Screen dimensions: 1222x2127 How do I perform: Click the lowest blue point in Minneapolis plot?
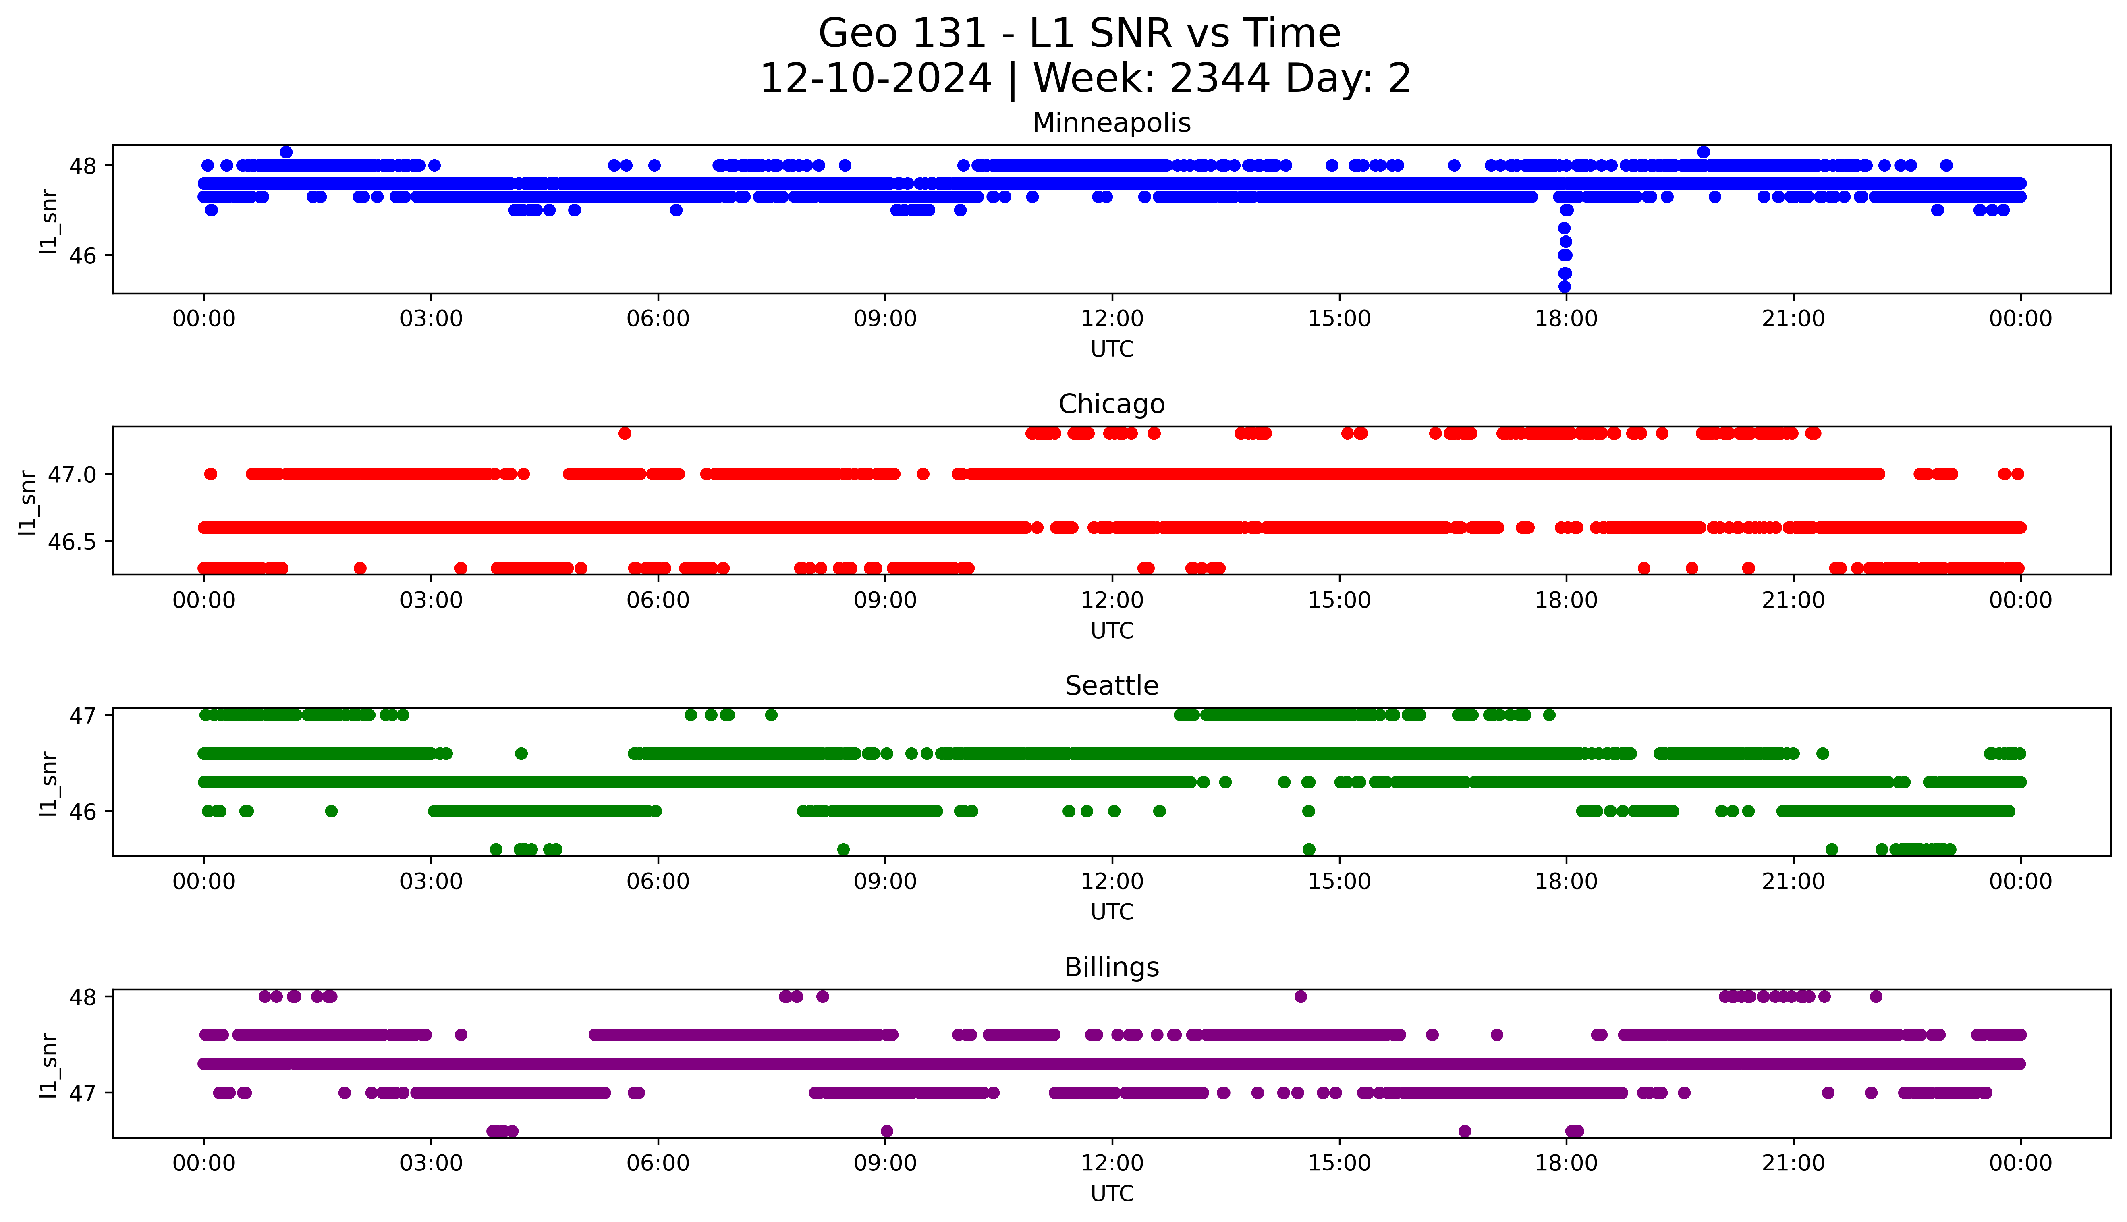click(1564, 287)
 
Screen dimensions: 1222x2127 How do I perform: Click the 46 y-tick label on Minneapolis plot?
click(83, 256)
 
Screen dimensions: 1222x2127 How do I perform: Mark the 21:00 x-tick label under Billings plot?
click(1793, 1163)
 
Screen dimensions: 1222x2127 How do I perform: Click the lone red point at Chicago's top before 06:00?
click(624, 433)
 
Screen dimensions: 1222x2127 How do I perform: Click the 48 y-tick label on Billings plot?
click(83, 997)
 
